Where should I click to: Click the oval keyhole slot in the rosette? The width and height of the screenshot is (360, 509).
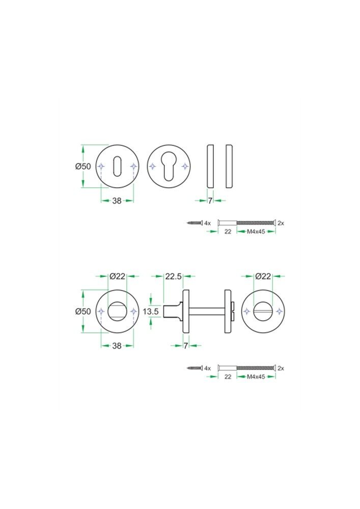(x=117, y=166)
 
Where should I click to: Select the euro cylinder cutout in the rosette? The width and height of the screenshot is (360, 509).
(x=169, y=166)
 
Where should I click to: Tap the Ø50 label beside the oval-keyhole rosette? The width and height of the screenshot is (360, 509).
(x=83, y=166)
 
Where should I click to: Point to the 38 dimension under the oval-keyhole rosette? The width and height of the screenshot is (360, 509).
(x=117, y=201)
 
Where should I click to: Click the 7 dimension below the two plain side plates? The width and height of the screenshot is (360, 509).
(x=210, y=201)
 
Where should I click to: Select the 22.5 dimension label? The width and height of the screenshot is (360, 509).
(x=173, y=276)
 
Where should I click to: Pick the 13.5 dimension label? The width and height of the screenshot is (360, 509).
(x=151, y=312)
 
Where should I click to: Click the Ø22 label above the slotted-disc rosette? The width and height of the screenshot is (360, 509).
(x=263, y=276)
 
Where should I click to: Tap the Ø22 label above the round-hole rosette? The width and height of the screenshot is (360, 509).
(x=117, y=276)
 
